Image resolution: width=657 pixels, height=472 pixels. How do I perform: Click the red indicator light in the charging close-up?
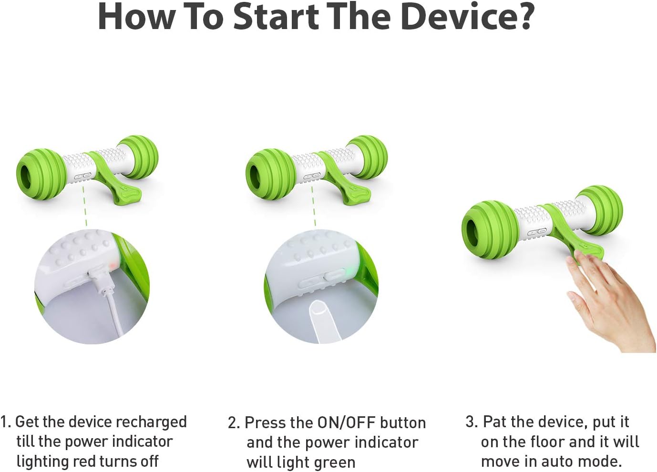click(113, 265)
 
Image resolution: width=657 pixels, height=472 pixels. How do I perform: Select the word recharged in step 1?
click(151, 422)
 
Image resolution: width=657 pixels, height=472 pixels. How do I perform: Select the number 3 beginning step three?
click(471, 422)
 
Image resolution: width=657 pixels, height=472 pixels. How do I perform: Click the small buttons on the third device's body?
click(537, 232)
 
